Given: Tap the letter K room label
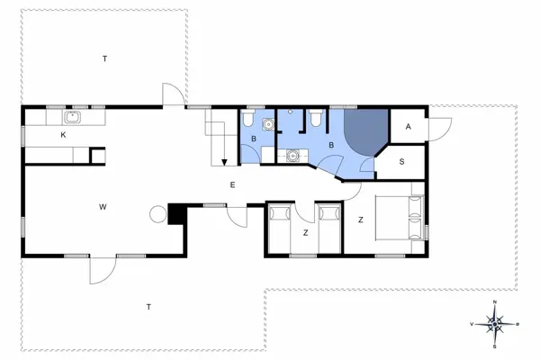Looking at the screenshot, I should click(x=63, y=134).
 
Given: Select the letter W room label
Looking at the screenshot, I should click(x=103, y=207).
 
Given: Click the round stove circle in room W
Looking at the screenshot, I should click(x=158, y=214).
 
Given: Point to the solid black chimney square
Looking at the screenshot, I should click(x=176, y=213).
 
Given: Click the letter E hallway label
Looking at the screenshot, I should click(x=232, y=185).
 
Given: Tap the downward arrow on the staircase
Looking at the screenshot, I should click(x=223, y=160).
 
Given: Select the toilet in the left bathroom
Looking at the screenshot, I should click(x=248, y=119).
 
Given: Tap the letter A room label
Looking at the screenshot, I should click(x=408, y=128).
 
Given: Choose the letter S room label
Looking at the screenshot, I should click(x=401, y=161).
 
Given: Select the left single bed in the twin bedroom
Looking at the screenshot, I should click(x=278, y=229).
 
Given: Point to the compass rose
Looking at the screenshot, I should click(x=496, y=322).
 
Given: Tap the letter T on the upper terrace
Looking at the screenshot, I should click(x=104, y=58).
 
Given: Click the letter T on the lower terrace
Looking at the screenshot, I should click(x=148, y=308).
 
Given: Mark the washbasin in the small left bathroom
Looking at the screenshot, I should click(x=266, y=125).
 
